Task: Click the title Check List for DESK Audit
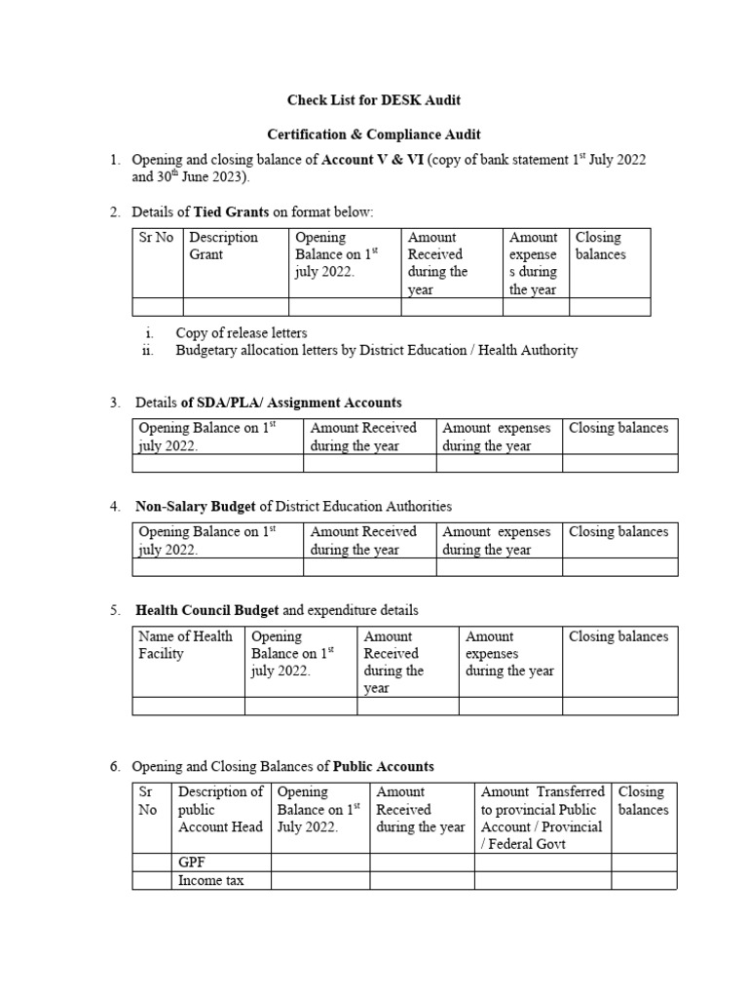pos(373,99)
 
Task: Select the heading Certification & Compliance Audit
pos(374,134)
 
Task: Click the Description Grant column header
pos(223,246)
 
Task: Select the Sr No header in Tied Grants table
pos(156,238)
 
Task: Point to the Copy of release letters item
pos(241,333)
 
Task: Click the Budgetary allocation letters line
pos(376,351)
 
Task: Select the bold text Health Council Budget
pos(206,611)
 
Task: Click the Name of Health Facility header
pos(185,645)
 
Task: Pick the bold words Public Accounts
pos(383,766)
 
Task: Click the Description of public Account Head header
pos(220,809)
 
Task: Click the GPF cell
pos(191,863)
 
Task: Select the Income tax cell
pos(210,880)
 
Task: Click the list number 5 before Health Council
pos(114,611)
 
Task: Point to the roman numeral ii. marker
pos(149,351)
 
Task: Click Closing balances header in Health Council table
pos(618,636)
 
